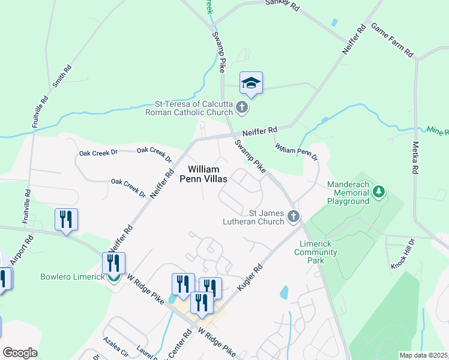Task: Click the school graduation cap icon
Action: point(252,83)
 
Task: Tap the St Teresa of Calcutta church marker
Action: point(242,108)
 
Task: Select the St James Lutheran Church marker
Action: point(293,216)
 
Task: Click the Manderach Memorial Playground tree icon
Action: point(378,192)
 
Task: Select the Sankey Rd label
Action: point(282,5)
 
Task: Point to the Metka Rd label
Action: point(415,158)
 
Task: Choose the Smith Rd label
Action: point(62,77)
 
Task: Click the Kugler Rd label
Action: point(250,277)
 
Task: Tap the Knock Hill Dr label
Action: point(402,253)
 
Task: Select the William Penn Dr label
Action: point(296,151)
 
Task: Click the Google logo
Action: point(19,353)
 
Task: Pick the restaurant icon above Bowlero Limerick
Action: point(113,263)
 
